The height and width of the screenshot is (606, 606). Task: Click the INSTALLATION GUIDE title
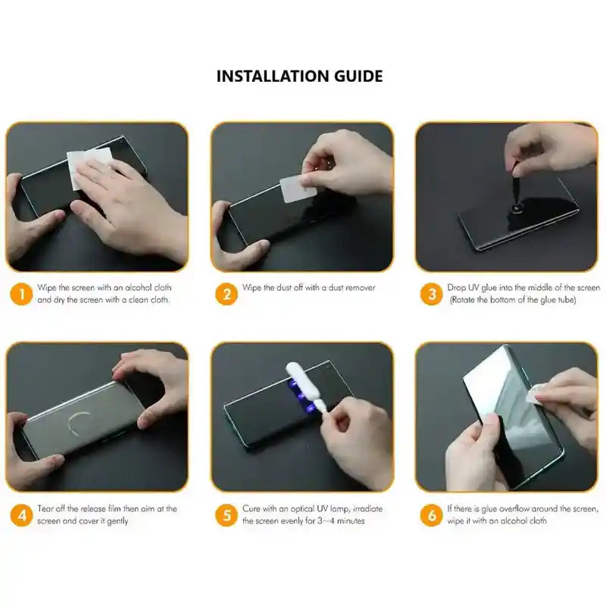(299, 76)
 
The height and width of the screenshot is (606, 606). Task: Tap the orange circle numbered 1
(22, 293)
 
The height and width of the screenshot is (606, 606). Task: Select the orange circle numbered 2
(226, 293)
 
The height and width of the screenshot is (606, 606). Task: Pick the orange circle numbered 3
(431, 293)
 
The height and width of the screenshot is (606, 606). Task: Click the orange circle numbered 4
(22, 515)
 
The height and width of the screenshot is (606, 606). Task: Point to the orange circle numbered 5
(226, 515)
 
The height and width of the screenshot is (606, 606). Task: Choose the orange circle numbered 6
(431, 515)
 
